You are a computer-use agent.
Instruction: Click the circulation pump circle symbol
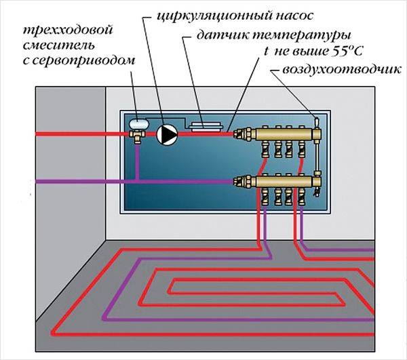coord(166,134)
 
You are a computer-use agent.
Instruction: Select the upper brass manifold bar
coord(278,134)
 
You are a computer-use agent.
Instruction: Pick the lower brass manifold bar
coord(278,181)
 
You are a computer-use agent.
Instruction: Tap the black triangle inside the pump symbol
coord(167,134)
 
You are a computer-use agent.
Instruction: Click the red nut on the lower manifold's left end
coord(237,181)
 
